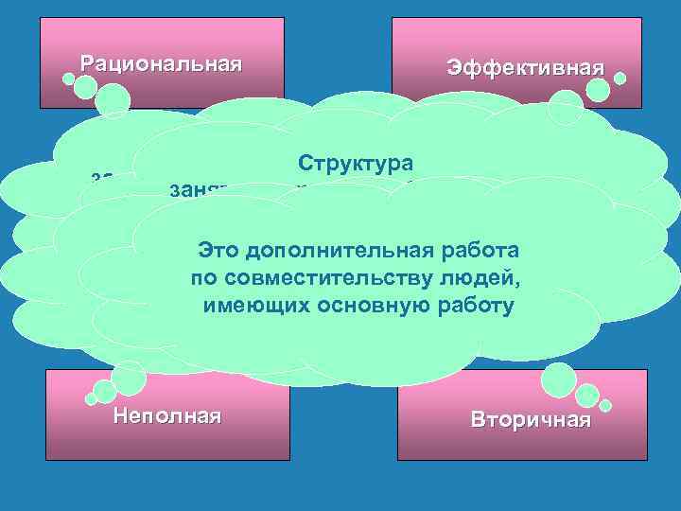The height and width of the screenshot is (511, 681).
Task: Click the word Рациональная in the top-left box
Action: pyautogui.click(x=161, y=64)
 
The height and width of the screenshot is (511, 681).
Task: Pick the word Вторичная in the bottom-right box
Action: pyautogui.click(x=531, y=420)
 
